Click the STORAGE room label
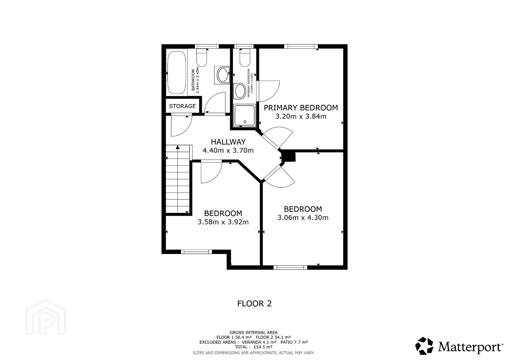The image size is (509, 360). click(x=182, y=106)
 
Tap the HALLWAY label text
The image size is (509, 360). click(x=228, y=142)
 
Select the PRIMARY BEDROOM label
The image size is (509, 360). click(x=301, y=108)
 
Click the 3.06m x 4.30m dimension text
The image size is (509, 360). click(x=303, y=218)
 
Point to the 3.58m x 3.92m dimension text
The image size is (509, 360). click(x=223, y=222)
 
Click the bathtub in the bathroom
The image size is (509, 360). click(x=177, y=73)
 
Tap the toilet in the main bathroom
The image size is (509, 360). click(x=202, y=58)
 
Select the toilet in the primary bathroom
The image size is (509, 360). click(x=245, y=58)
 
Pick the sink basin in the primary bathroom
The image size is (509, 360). click(x=240, y=91)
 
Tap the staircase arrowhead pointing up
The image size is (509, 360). click(x=178, y=147)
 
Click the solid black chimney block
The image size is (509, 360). click(x=289, y=157)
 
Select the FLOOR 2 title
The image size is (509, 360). click(x=254, y=304)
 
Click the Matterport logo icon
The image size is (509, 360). click(x=424, y=346)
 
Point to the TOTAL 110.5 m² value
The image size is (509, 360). click(x=253, y=347)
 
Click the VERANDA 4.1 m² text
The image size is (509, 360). click(x=259, y=342)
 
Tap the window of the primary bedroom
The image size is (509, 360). click(x=300, y=47)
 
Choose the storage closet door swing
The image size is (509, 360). click(x=181, y=126)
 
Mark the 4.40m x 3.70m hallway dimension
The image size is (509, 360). click(x=228, y=150)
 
